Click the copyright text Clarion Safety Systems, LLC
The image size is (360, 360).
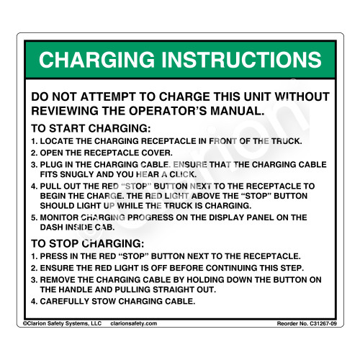click(63, 323)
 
